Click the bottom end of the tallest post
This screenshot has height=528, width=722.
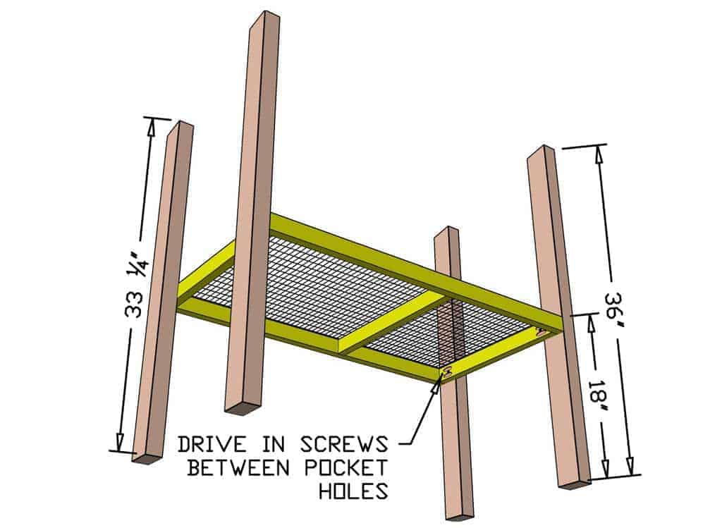(242, 407)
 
